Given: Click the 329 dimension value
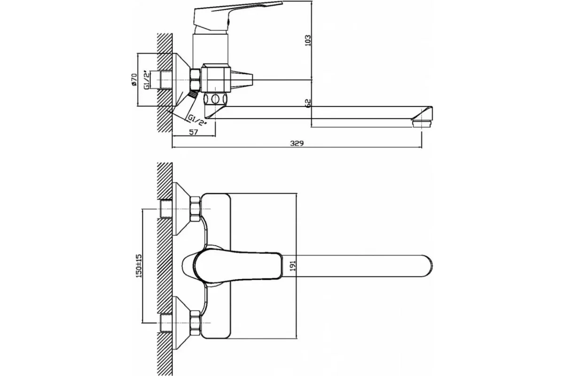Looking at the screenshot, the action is (x=297, y=143).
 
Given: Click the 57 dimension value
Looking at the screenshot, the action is (x=193, y=132).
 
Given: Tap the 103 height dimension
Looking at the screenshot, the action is (x=308, y=40).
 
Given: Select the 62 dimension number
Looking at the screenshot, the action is (x=308, y=103).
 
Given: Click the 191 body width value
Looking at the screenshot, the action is (x=293, y=266).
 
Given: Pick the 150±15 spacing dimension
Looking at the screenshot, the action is (x=139, y=266).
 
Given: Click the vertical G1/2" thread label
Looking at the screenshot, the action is (x=146, y=79).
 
